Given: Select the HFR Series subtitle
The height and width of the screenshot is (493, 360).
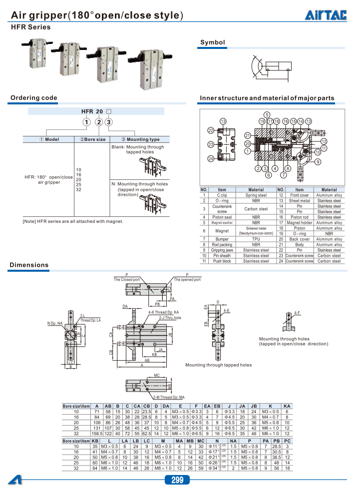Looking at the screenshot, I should click(30, 27).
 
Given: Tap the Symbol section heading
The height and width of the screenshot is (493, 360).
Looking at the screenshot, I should click(213, 43).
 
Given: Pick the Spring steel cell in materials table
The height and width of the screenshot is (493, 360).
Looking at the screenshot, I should click(256, 195).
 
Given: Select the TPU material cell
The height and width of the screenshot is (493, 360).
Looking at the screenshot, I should click(256, 239).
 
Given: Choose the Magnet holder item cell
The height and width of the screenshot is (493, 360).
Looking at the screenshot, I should click(300, 223).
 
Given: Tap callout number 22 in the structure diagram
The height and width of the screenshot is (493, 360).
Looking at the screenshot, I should click(211, 130).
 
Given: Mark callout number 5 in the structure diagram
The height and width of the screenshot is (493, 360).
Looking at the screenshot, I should click(267, 115).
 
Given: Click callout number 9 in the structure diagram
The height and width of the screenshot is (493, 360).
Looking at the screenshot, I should click(318, 162).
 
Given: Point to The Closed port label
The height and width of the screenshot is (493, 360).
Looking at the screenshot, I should click(127, 280).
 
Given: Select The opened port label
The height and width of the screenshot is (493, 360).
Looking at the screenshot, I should click(187, 280).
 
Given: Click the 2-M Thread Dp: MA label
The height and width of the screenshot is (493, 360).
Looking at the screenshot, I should click(157, 397).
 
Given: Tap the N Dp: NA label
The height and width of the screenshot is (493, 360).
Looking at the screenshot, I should click(55, 324).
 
